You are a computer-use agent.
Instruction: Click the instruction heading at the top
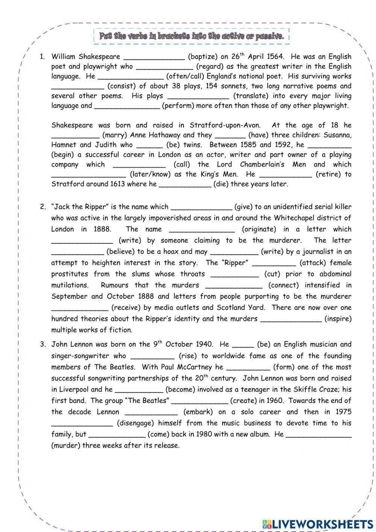tap(191, 37)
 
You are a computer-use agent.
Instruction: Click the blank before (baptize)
tap(154, 57)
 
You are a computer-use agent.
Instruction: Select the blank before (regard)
tap(165, 67)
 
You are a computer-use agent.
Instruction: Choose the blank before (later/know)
tap(88, 174)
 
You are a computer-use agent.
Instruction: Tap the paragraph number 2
tap(43, 207)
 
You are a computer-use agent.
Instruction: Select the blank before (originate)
tap(202, 229)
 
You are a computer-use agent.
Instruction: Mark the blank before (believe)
tap(77, 252)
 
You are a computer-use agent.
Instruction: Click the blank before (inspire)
tap(291, 319)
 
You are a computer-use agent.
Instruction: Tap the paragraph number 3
tap(43, 344)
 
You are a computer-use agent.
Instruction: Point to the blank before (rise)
tap(152, 356)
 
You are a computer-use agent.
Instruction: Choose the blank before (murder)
tap(319, 434)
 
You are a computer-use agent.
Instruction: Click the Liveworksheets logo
tap(317, 524)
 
